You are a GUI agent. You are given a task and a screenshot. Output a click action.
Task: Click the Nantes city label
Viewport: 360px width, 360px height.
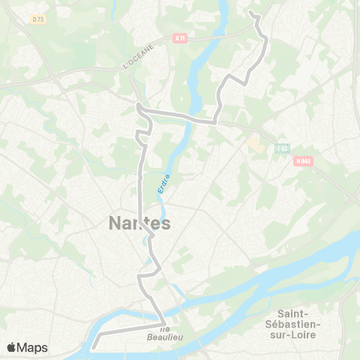coord(140,223)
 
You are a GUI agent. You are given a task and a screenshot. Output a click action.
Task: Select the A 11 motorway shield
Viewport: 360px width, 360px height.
coord(179,39)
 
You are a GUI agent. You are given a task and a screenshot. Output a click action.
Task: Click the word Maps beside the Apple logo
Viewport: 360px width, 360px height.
coord(33,347)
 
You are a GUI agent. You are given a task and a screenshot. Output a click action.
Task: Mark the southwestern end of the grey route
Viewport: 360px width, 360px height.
coord(93,348)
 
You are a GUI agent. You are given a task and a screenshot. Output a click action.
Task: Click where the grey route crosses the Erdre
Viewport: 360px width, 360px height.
coord(190,118)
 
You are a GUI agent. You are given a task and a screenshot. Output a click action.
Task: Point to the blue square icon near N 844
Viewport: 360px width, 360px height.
coord(282,148)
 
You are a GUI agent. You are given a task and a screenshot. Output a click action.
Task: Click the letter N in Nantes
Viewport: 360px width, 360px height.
coord(115,223)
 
